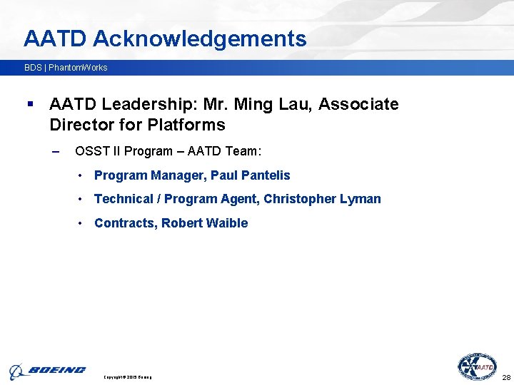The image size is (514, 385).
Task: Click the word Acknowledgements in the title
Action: coord(199,38)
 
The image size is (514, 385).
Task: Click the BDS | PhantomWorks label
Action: coord(66,68)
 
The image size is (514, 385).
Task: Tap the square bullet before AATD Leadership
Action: coord(30,105)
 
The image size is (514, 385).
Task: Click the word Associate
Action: coord(358,105)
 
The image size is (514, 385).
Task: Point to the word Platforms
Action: coord(186,125)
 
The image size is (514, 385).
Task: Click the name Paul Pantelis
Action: coord(251,175)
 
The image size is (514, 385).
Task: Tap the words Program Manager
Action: coord(149,175)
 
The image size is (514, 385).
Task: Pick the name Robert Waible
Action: coord(204,223)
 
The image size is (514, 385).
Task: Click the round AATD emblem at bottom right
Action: coord(477,367)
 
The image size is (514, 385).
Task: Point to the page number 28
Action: coord(506,377)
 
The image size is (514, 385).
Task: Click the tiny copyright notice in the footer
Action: coord(128,377)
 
